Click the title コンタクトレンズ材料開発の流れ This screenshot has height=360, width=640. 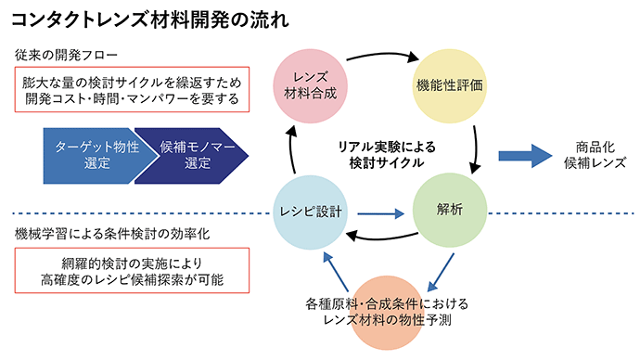click(x=148, y=19)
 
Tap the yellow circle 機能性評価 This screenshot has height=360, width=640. click(x=449, y=84)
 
